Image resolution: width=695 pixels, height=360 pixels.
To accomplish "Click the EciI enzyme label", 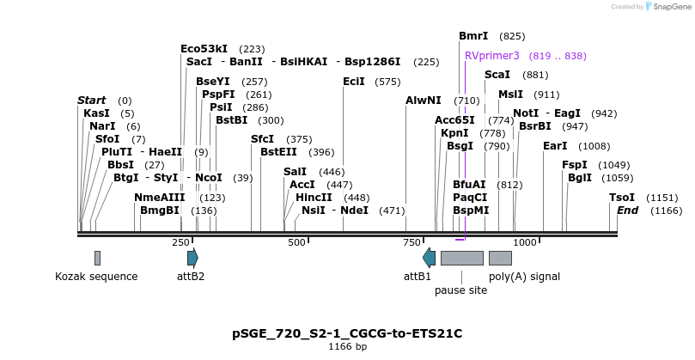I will [354, 82].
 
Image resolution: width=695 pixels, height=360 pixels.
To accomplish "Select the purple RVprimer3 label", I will [492, 55].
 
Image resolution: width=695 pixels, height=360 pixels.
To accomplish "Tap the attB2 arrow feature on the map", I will [192, 257].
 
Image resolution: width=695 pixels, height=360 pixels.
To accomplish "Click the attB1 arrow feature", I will [429, 257].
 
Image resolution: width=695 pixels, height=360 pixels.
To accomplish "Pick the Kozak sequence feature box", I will [97, 257].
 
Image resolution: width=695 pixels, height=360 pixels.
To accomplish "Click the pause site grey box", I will [461, 257].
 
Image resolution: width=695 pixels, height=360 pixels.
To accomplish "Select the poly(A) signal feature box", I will [500, 257].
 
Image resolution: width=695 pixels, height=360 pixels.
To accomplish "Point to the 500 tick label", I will [296, 242].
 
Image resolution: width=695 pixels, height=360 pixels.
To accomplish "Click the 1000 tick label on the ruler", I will [524, 242].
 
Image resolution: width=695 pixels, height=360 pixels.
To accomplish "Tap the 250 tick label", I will [180, 242].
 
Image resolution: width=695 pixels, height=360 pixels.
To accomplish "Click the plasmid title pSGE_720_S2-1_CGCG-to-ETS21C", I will [347, 333].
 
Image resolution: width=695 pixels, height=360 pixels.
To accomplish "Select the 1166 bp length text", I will [347, 347].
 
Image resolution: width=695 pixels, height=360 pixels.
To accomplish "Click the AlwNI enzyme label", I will [424, 101].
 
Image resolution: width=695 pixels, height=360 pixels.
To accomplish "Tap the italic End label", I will [628, 210].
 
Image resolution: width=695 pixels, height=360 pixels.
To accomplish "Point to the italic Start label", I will [92, 101].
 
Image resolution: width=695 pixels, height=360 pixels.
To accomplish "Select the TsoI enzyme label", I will [622, 197].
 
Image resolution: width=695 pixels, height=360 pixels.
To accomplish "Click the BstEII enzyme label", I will [278, 152].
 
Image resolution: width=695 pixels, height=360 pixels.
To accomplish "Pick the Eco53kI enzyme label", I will [204, 49].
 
